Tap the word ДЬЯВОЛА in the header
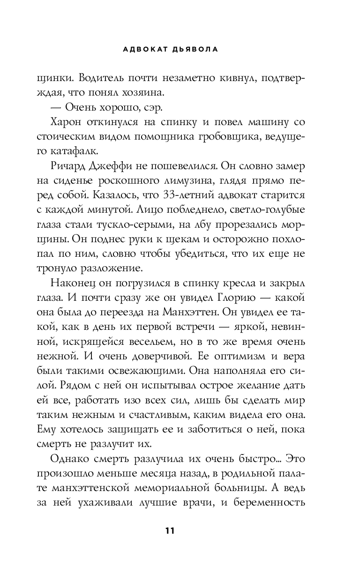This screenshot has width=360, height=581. (x=199, y=50)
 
